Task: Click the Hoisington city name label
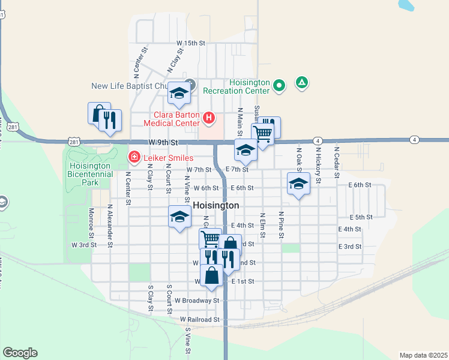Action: pos(216,205)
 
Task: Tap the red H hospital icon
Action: pos(208,118)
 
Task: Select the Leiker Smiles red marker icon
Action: pos(135,158)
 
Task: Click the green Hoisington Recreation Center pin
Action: pos(279,86)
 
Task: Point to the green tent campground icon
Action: pos(302,83)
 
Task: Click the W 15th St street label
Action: pos(191,43)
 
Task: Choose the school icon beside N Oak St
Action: pos(298,184)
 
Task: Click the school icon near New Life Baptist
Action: pos(179,92)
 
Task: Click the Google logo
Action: pos(20,353)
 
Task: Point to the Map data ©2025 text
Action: pos(423,355)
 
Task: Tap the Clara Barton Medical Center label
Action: pos(171,118)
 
